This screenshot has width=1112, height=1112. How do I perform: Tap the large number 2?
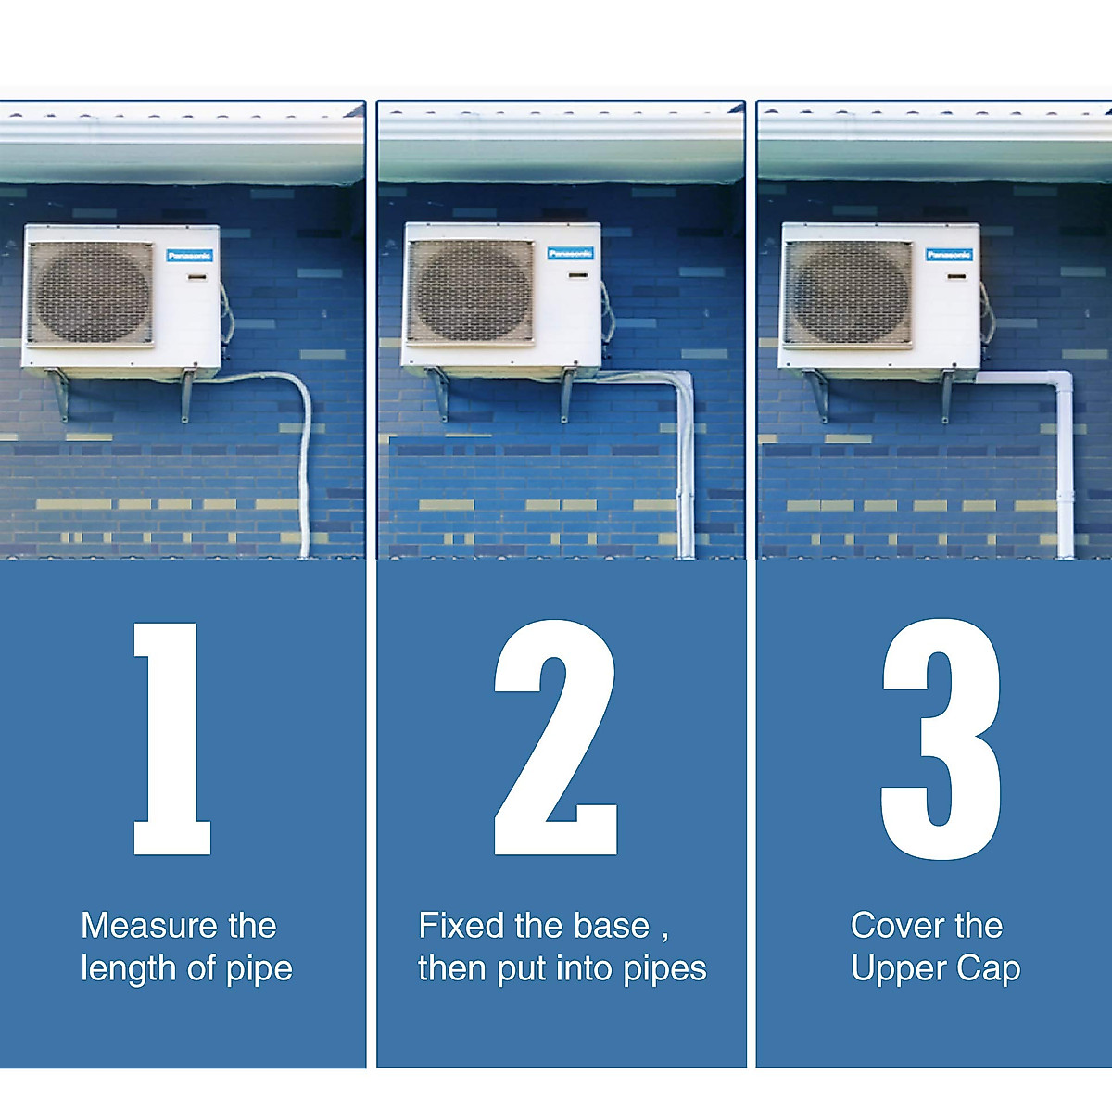click(555, 739)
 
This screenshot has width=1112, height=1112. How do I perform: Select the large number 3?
click(941, 739)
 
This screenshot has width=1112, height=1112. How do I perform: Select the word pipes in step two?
click(664, 969)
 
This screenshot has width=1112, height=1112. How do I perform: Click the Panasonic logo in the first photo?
click(190, 255)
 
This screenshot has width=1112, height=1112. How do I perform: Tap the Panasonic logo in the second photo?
click(570, 253)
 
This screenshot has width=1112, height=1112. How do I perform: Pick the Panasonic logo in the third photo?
click(950, 254)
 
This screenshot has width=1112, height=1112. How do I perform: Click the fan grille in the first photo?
click(91, 294)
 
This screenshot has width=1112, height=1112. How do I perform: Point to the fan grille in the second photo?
click(471, 292)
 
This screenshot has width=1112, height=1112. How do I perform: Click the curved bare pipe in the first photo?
click(301, 417)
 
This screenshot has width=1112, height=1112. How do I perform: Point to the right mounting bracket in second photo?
click(567, 394)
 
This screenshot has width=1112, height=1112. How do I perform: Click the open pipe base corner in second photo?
click(683, 380)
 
